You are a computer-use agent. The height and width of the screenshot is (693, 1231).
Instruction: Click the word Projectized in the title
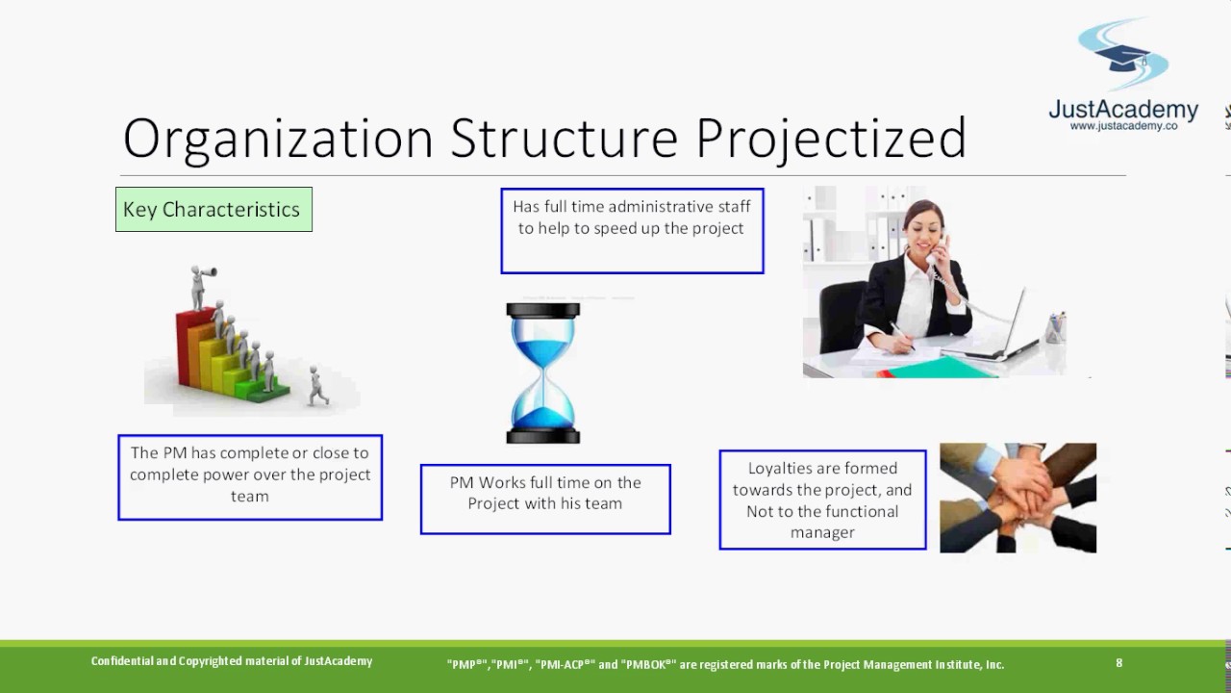[x=831, y=139]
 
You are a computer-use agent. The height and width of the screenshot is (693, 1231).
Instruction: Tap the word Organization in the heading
[x=278, y=140]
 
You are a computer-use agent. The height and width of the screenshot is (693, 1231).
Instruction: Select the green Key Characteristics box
[x=214, y=210]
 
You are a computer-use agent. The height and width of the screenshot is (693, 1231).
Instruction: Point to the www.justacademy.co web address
[x=1123, y=126]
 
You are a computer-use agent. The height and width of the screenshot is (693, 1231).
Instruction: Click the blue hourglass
[x=543, y=372]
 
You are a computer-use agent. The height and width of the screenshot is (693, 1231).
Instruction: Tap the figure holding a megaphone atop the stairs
[x=201, y=287]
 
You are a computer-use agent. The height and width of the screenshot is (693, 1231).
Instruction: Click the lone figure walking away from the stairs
[x=317, y=386]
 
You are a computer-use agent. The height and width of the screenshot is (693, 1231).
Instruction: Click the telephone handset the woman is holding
[x=937, y=251]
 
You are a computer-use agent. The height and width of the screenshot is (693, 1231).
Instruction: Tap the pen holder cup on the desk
[x=1056, y=328]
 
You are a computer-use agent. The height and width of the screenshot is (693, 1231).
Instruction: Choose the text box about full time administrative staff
[x=632, y=231]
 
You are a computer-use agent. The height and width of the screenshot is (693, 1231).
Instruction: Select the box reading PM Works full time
[x=545, y=500]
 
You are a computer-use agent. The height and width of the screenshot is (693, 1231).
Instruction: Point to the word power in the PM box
[x=224, y=475]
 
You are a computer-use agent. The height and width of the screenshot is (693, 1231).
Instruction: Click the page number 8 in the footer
[x=1118, y=663]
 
